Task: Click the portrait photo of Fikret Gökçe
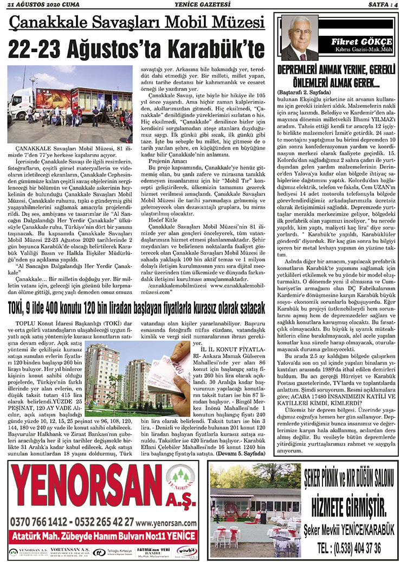coord(299,37)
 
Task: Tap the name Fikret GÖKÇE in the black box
coord(354,42)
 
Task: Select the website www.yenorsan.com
coord(166,521)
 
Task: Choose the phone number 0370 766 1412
coord(38,521)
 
